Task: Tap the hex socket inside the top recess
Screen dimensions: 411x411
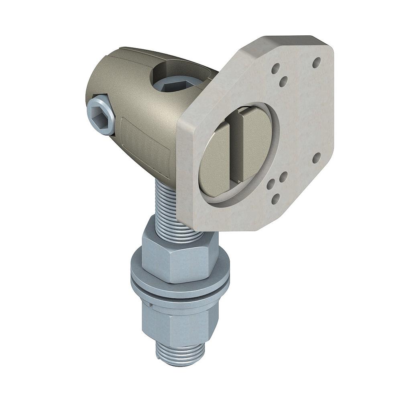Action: coord(177,84)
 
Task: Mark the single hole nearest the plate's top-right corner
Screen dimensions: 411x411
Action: coord(317,63)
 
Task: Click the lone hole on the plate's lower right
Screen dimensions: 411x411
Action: coord(316,158)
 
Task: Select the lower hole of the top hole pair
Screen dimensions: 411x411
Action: coord(283,82)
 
